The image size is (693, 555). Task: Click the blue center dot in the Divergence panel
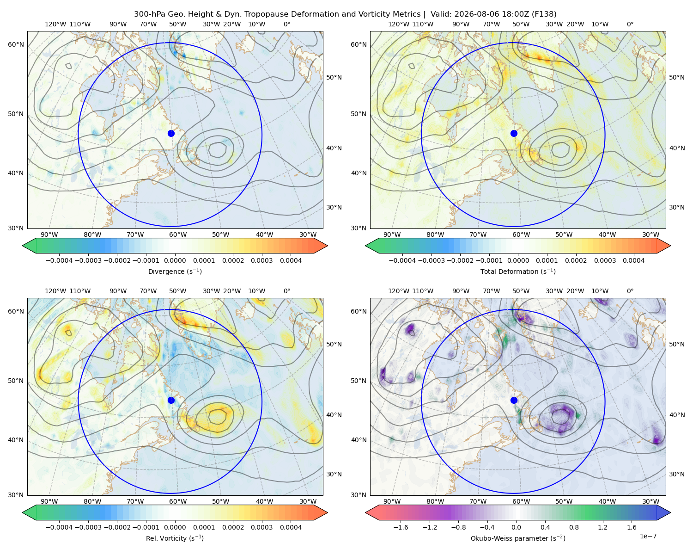point(171,134)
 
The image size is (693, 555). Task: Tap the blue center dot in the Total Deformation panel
point(514,134)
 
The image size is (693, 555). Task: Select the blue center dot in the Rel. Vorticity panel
point(171,400)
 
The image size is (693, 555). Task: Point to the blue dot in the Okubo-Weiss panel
point(514,400)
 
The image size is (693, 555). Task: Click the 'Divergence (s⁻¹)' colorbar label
point(175,271)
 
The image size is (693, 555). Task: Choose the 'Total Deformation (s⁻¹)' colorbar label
point(518,271)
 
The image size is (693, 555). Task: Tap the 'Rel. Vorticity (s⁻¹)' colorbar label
point(175,538)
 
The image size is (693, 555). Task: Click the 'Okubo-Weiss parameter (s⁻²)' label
point(518,538)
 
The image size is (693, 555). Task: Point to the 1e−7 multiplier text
point(648,536)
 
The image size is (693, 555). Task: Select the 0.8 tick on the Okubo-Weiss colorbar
point(574,527)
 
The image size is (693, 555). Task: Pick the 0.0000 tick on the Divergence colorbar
point(175,260)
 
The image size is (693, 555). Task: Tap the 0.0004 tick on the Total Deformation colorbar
point(633,260)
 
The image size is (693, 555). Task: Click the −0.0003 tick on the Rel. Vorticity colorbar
point(88,527)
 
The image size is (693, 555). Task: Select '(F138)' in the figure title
point(544,14)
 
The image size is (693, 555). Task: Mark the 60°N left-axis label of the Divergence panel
point(16,44)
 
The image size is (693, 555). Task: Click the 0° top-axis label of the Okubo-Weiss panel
point(630,291)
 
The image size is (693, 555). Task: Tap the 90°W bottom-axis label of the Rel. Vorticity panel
point(49,501)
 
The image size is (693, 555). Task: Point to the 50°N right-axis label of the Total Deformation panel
point(676,77)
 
